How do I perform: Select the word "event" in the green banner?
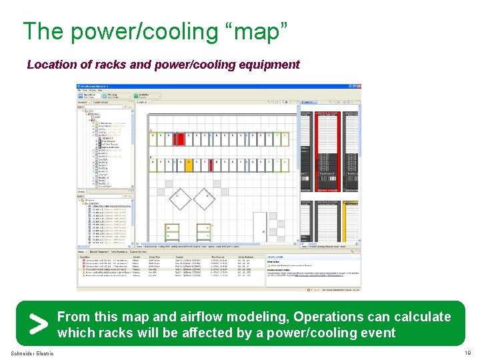pos(377,333)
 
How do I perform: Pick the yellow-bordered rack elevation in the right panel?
pos(352,223)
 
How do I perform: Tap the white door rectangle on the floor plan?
pos(260,226)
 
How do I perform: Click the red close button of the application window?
pos(358,87)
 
